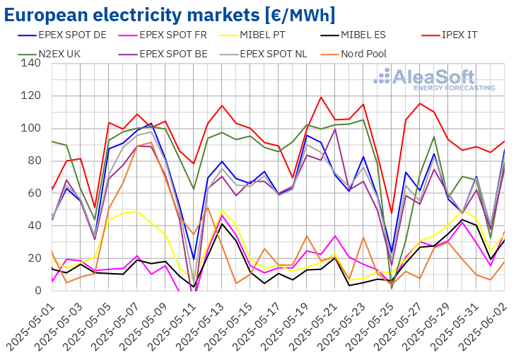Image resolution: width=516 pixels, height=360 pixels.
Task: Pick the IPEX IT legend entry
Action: click(x=467, y=35)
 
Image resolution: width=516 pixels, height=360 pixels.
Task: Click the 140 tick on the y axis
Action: click(x=30, y=64)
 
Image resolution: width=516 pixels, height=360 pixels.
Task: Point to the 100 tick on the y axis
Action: click(x=30, y=129)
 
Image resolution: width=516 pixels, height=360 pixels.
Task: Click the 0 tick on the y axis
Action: click(x=36, y=291)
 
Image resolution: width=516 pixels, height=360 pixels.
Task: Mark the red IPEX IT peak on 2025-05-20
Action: click(x=322, y=97)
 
